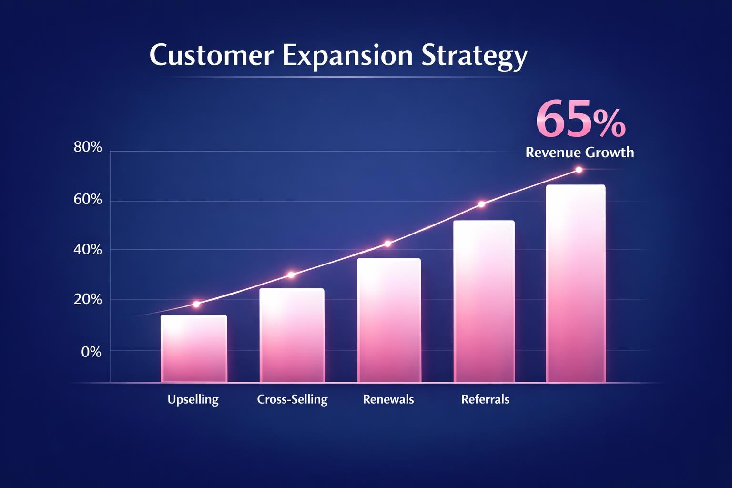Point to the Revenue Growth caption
point(579,152)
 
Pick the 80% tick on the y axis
point(88,147)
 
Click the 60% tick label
point(88,199)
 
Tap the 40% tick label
point(88,249)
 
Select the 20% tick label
point(88,299)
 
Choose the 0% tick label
point(91,352)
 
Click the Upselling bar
point(193,348)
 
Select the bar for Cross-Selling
point(292,335)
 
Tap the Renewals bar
point(389,320)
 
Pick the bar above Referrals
point(484,301)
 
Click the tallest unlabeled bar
point(576,284)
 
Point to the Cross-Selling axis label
point(292,399)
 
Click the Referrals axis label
point(485,399)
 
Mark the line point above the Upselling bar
point(196,304)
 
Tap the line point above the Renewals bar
point(387,244)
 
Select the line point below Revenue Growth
point(579,170)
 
